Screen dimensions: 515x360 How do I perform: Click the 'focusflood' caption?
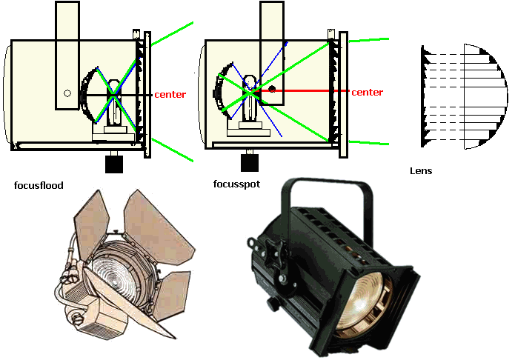pos(39,186)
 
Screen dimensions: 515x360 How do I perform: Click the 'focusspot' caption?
pos(236,184)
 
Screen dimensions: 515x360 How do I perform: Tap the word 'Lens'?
pos(421,171)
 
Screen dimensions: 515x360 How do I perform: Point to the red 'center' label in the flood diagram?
pos(170,95)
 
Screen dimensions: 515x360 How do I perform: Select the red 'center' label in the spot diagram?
pos(368,93)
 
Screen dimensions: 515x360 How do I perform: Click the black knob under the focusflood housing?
pos(114,164)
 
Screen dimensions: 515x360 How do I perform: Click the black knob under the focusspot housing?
pos(250,162)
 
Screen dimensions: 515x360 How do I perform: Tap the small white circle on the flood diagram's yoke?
pos(67,93)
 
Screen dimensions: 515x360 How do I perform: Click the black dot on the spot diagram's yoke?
pos(272,89)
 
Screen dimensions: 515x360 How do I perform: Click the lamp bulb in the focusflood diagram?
pos(114,101)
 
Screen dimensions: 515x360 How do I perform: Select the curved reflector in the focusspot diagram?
pos(223,90)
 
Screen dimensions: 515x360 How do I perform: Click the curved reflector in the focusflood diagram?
pos(89,95)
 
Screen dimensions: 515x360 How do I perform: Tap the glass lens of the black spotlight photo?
pos(362,304)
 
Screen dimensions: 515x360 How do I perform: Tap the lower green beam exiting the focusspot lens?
pos(368,143)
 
